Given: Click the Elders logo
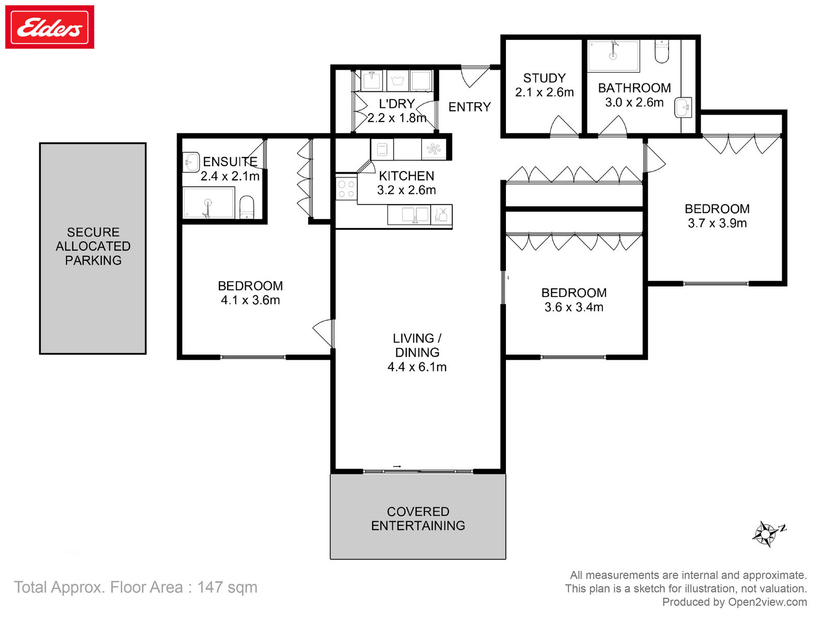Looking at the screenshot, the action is coord(50,27).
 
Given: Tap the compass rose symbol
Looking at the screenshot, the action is coord(766,533).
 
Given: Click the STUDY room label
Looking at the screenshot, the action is coord(544,78).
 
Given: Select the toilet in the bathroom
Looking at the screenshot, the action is coord(661,51).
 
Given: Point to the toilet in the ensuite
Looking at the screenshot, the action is coord(247,207).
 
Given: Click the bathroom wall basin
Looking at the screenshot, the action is coord(683,107).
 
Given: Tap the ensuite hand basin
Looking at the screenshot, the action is coord(191,162).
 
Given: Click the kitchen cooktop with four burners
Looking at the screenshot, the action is coord(346,189).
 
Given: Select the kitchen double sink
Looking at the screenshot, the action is coord(415,215).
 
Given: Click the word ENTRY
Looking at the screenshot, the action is coord(469,107).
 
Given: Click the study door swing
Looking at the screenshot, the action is coord(564,126).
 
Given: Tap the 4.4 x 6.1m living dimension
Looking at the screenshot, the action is coord(417,367).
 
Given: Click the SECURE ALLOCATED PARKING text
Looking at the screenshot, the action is coord(93,246).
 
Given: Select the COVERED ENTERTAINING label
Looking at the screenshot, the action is coord(418,518).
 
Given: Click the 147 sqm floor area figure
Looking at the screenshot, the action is coord(227,587).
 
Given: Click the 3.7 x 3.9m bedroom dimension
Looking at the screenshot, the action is coord(717,223).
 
